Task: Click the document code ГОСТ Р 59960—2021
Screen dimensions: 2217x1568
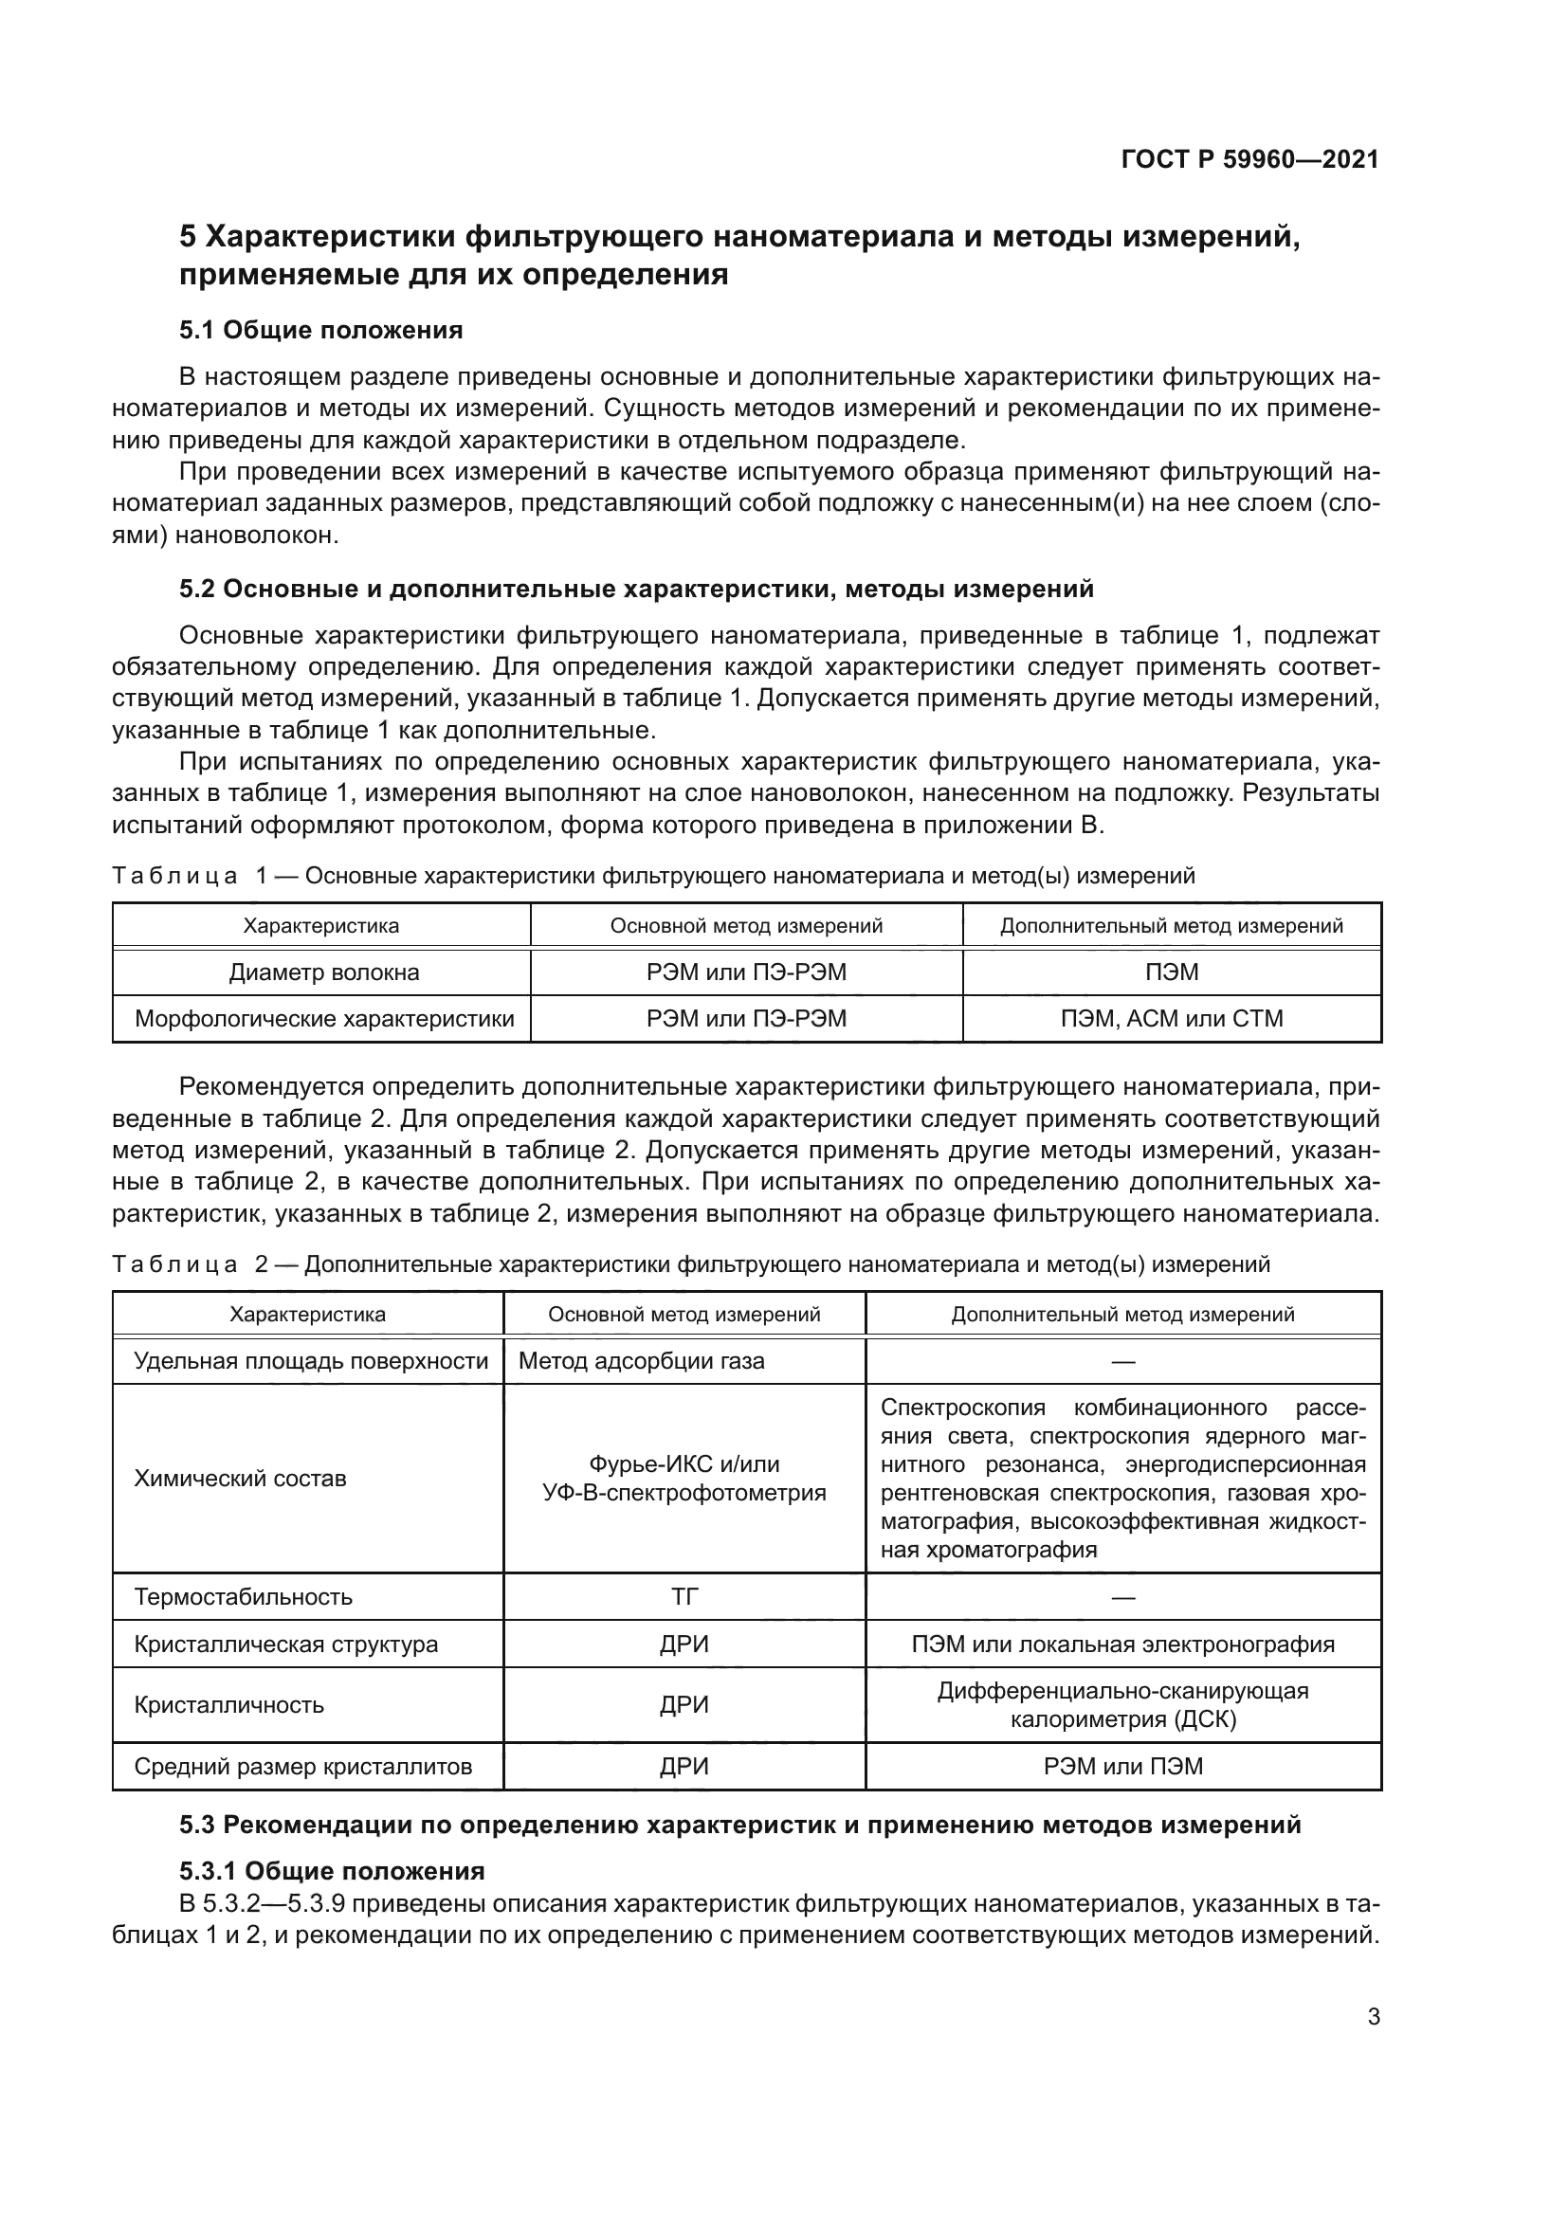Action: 1249,159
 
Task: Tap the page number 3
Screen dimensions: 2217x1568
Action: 1373,2016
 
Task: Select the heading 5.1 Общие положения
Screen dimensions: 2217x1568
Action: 320,330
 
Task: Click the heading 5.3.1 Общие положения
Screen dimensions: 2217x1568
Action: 331,1870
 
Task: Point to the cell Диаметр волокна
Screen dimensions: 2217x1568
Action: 323,972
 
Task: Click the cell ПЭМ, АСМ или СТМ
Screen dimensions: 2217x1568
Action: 1171,1019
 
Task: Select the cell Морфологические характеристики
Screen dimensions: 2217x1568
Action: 323,1019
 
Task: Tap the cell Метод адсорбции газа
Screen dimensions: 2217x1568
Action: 641,1360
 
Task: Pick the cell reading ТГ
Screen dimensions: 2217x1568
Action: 684,1596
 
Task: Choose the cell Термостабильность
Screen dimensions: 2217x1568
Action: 243,1596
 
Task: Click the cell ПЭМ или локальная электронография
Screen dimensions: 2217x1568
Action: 1121,1644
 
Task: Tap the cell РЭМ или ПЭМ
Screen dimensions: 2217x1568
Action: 1121,1766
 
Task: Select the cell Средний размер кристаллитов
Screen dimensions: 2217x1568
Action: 302,1766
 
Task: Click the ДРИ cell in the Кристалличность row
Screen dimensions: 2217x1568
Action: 684,1704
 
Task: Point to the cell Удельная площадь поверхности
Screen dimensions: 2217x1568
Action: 310,1360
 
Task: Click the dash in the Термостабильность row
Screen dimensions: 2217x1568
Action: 1121,1597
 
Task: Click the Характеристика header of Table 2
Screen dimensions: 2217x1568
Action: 307,1314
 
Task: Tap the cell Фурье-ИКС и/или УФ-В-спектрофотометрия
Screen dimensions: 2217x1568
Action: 684,1479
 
